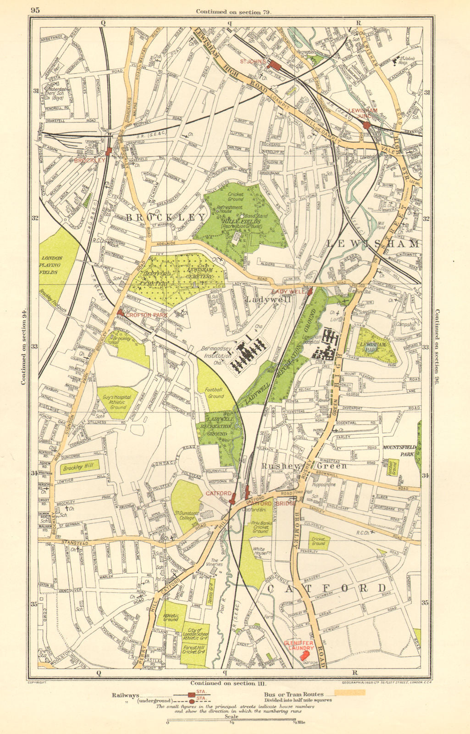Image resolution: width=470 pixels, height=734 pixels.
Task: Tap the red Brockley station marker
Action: click(x=109, y=152)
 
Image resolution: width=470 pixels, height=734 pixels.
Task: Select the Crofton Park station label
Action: click(x=141, y=315)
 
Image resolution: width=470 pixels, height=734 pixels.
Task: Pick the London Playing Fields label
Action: click(x=53, y=265)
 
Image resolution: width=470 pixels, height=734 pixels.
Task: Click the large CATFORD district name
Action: click(x=326, y=588)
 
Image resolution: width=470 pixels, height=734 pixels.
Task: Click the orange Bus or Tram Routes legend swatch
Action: click(x=350, y=692)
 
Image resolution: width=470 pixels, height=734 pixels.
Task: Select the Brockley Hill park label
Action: click(x=75, y=468)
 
